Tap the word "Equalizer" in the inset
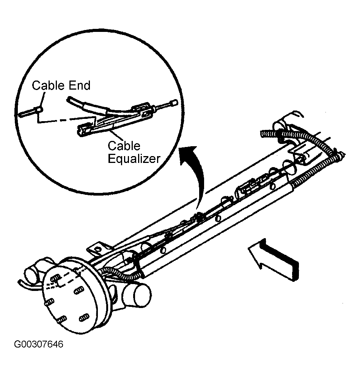[134, 158]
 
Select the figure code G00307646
[39, 344]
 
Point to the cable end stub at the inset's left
[31, 112]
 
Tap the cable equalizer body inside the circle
[113, 120]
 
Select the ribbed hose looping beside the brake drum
[120, 273]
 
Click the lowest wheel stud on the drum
[62, 319]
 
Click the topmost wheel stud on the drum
[55, 278]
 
